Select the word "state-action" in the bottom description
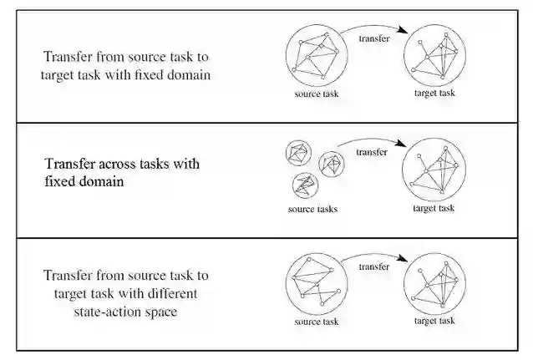[x=94, y=310]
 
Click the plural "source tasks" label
[x=312, y=209]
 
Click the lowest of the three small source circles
[x=304, y=184]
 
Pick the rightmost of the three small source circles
[x=332, y=163]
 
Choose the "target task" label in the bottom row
[x=434, y=322]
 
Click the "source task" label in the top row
[x=317, y=93]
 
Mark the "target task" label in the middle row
[x=434, y=208]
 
